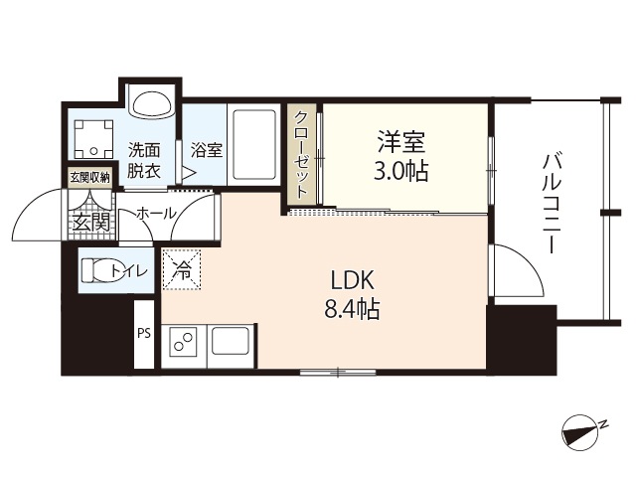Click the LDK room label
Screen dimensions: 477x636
pos(353,279)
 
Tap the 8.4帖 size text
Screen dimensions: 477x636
pos(352,309)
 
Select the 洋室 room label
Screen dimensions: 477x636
pos(400,140)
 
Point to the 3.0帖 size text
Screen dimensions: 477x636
pos(400,171)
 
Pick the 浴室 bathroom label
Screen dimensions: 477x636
pos(206,150)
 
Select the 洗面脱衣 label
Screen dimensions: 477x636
pos(145,160)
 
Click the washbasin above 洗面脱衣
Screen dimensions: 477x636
pos(152,103)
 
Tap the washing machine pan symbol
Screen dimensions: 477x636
pos(93,138)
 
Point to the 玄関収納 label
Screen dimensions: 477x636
pos(88,177)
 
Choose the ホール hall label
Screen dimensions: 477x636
pos(156,213)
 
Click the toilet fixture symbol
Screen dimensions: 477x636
pos(96,270)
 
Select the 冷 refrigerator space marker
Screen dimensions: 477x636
pos(182,268)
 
